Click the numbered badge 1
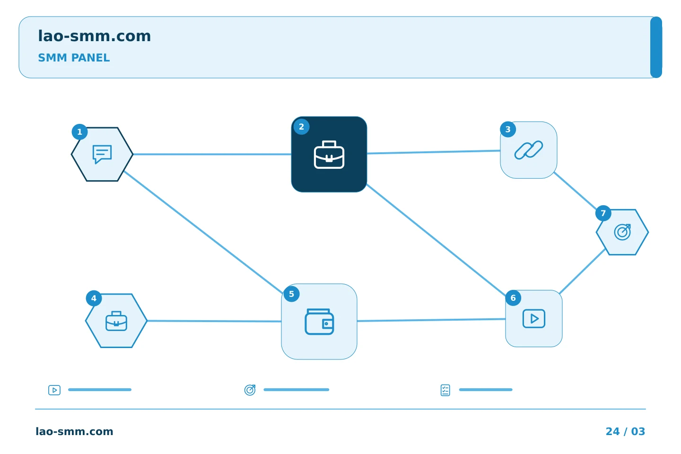pyautogui.click(x=79, y=132)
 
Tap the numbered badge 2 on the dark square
pyautogui.click(x=302, y=127)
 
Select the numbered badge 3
pyautogui.click(x=508, y=129)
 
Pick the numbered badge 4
pyautogui.click(x=94, y=298)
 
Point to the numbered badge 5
pyautogui.click(x=291, y=294)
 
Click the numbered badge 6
pyautogui.click(x=513, y=298)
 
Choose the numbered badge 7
pyautogui.click(x=603, y=213)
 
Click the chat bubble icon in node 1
pyautogui.click(x=102, y=154)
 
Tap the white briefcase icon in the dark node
pyautogui.click(x=329, y=155)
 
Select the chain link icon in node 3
pyautogui.click(x=529, y=150)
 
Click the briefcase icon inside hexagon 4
pyautogui.click(x=116, y=321)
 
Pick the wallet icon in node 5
pyautogui.click(x=320, y=322)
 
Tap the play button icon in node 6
pyautogui.click(x=534, y=319)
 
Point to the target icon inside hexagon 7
pyautogui.click(x=622, y=232)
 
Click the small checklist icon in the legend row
pyautogui.click(x=445, y=390)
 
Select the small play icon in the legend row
pyautogui.click(x=54, y=390)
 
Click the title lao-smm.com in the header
pyautogui.click(x=95, y=36)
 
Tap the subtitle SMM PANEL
pyautogui.click(x=74, y=58)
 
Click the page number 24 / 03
pyautogui.click(x=625, y=431)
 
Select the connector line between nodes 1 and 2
pyautogui.click(x=212, y=154)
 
